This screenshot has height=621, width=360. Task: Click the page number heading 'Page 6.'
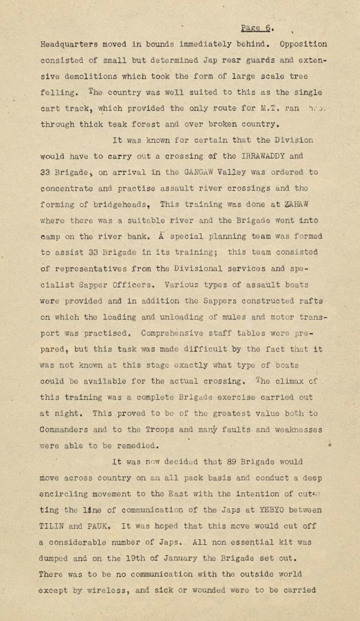[x=257, y=28]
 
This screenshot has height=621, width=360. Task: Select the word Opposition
[x=303, y=44]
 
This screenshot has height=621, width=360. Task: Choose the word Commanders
[x=63, y=429]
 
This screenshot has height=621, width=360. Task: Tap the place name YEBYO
[x=271, y=510]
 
